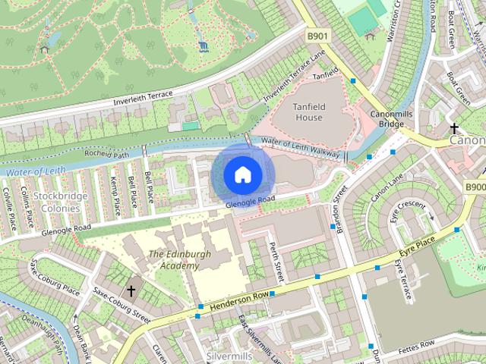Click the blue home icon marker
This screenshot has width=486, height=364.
242,174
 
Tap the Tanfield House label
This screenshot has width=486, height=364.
308,111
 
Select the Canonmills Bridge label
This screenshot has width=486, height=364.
390,118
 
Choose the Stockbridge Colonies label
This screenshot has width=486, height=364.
62,202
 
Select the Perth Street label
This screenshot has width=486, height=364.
276,262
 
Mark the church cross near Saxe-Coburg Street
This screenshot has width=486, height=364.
131,290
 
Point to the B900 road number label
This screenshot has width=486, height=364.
475,187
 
